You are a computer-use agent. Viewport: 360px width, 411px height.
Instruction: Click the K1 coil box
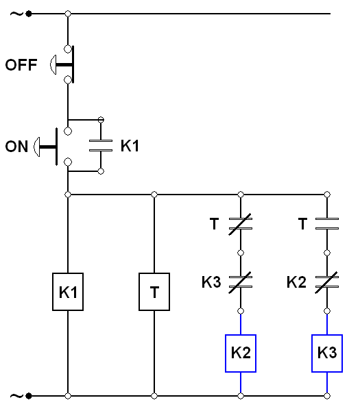pyautogui.click(x=68, y=292)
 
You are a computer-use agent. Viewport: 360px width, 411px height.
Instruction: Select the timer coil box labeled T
pyautogui.click(x=154, y=292)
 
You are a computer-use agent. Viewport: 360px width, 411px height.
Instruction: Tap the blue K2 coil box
pyautogui.click(x=241, y=353)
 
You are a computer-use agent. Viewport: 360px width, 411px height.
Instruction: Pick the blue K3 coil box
pyautogui.click(x=326, y=353)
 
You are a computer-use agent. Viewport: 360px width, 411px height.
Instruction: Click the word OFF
pyautogui.click(x=21, y=66)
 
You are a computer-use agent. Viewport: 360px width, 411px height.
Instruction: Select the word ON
pyautogui.click(x=16, y=146)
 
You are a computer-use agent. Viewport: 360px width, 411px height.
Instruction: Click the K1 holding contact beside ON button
pyautogui.click(x=101, y=145)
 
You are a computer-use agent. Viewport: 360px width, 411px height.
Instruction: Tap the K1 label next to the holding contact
pyautogui.click(x=130, y=145)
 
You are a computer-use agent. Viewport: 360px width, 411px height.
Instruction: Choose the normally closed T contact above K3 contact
pyautogui.click(x=241, y=222)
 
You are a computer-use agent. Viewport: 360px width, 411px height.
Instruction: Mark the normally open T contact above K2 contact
pyautogui.click(x=326, y=222)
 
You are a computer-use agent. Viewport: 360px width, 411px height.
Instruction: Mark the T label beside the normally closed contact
pyautogui.click(x=216, y=223)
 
